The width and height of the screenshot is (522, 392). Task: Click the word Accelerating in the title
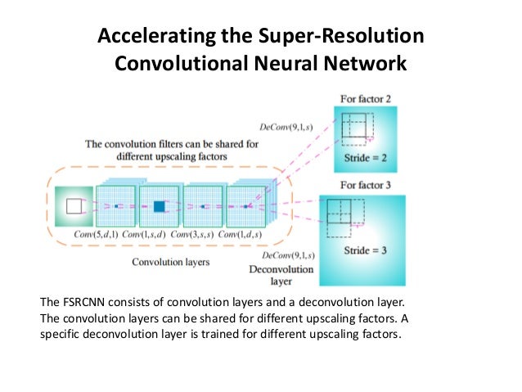tap(143, 36)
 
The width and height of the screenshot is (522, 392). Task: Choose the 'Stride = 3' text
tap(362, 246)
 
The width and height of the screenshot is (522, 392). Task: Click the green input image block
tap(74, 206)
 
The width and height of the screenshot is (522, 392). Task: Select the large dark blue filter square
tap(159, 206)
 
